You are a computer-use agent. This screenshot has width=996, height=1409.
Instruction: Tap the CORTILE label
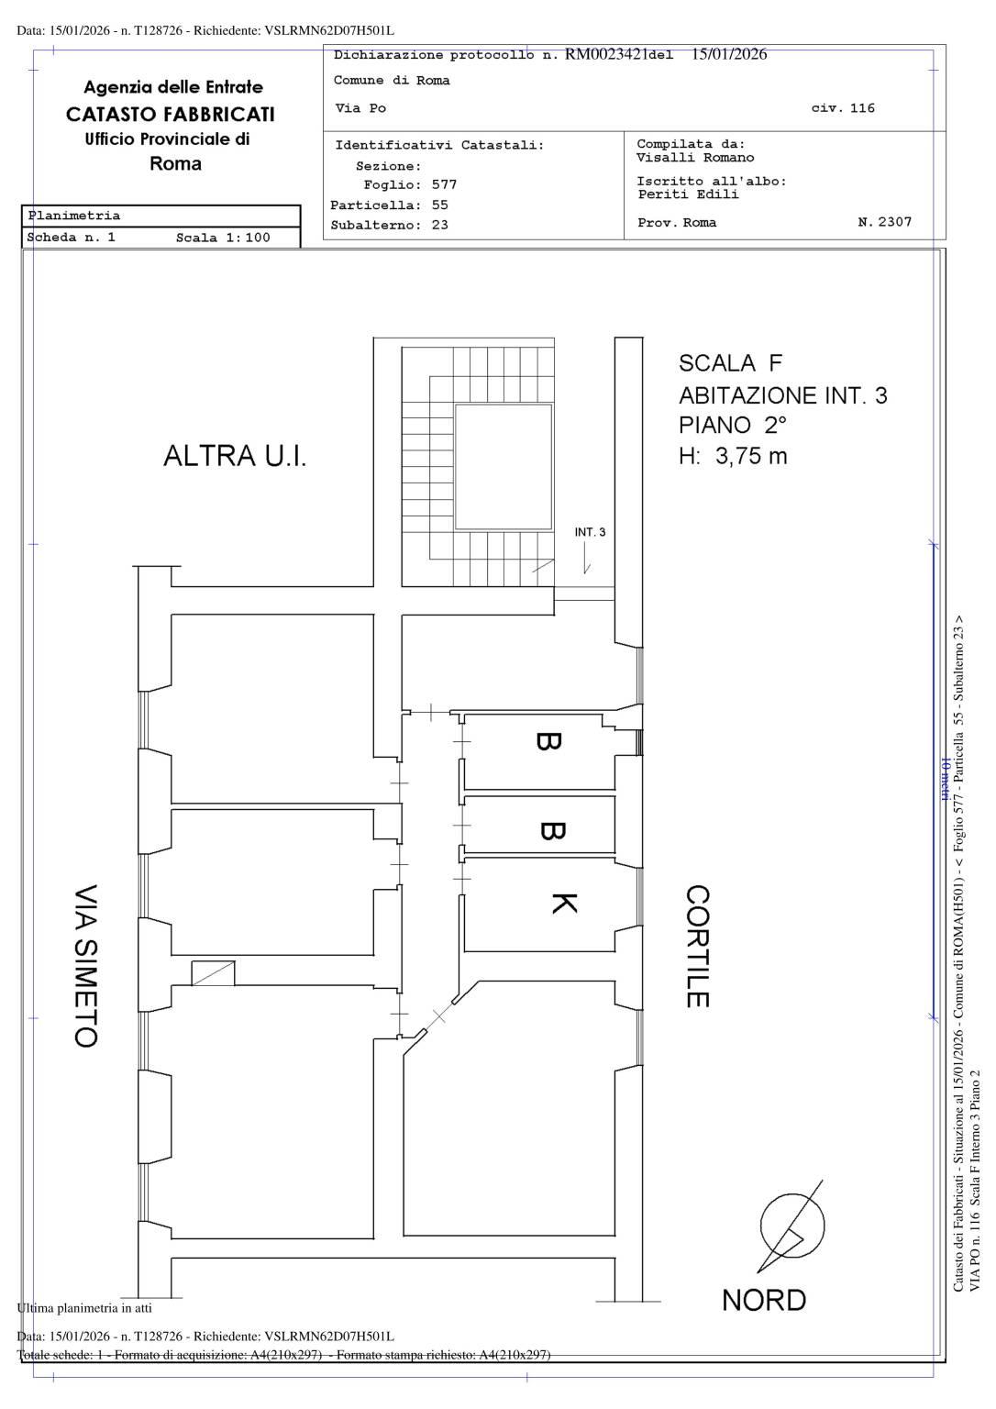point(698,947)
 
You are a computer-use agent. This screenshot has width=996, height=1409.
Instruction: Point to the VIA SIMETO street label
point(86,966)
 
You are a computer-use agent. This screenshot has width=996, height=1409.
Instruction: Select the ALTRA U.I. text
point(235,455)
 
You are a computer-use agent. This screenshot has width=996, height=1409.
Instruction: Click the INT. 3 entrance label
point(590,532)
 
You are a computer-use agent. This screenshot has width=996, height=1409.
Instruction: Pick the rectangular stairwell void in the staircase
point(504,467)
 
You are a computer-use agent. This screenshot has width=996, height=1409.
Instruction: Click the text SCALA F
point(730,363)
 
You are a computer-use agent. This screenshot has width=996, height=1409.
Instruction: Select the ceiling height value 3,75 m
point(751,456)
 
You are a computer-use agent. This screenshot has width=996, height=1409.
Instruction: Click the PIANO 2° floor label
point(733,426)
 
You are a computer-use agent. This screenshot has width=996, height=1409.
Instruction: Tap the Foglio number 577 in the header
point(444,184)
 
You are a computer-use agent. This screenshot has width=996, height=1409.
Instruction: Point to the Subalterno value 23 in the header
point(439,225)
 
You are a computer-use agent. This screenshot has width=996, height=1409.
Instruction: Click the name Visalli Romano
point(695,157)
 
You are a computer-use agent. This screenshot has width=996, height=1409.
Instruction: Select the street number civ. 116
point(843,107)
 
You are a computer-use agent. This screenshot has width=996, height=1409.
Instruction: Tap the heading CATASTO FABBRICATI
point(171,114)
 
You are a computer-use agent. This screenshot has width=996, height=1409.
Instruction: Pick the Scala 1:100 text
point(223,238)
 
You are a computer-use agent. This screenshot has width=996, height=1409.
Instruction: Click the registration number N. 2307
point(885,221)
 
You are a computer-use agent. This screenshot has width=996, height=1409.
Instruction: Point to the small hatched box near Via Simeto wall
point(213,972)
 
